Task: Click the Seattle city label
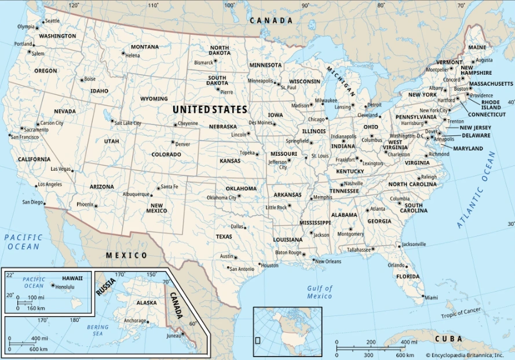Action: pyautogui.click(x=52, y=21)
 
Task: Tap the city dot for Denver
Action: pyautogui.click(x=172, y=142)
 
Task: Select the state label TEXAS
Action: pyautogui.click(x=224, y=237)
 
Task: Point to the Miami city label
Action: pyautogui.click(x=431, y=297)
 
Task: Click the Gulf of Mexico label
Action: pyautogui.click(x=320, y=292)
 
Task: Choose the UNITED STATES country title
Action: pyautogui.click(x=210, y=109)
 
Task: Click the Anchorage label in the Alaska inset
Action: pyautogui.click(x=135, y=321)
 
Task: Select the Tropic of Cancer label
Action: pyautogui.click(x=461, y=313)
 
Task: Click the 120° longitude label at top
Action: pyautogui.click(x=74, y=5)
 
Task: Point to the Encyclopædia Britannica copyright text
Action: pyautogui.click(x=469, y=355)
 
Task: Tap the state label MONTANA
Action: pyautogui.click(x=144, y=47)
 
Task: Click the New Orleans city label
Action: pyautogui.click(x=328, y=261)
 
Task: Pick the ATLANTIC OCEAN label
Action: pyautogui.click(x=476, y=190)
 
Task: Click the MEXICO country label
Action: pyautogui.click(x=126, y=255)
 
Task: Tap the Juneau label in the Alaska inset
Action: pyautogui.click(x=173, y=335)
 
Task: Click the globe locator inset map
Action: pyautogui.click(x=287, y=332)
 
